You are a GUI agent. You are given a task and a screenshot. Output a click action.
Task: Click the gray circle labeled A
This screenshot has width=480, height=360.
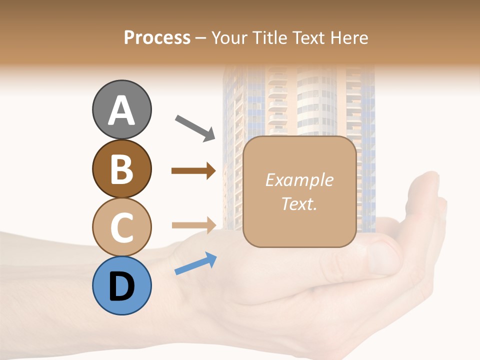click(121, 109)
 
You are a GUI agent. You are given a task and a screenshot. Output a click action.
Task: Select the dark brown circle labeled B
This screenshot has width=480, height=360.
click(121, 168)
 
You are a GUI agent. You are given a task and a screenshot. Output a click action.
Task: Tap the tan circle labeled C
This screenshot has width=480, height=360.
click(121, 227)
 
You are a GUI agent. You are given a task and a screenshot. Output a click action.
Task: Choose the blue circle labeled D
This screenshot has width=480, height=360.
click(121, 285)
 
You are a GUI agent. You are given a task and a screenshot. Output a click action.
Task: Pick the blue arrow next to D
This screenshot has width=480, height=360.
click(195, 263)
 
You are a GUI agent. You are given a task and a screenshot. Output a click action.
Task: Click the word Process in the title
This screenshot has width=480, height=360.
click(157, 37)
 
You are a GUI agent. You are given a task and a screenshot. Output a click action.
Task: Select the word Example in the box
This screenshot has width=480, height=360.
click(299, 180)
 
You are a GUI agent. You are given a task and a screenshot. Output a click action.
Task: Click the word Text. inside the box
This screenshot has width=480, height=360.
click(299, 203)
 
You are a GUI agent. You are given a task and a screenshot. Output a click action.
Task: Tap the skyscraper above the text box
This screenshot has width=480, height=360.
click(299, 100)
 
